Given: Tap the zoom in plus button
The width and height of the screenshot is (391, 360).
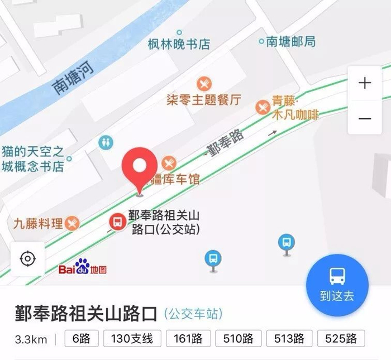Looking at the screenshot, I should pos(365,84).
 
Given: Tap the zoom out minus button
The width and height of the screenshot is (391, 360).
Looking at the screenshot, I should pos(365,118).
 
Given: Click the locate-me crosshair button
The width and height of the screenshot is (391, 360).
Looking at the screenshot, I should pos(27,259).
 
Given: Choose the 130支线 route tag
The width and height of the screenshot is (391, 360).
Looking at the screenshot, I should pos(128,338).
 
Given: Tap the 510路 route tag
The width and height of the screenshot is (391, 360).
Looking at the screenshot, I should pos(237,338).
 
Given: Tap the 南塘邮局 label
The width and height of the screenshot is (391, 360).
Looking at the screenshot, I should pos(290,41).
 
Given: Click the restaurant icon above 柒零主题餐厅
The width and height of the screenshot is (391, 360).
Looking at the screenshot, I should pos(204,84).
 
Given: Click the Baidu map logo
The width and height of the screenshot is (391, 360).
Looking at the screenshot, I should pos(83,268).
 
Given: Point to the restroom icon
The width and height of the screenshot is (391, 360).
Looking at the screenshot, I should pos(106,142).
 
